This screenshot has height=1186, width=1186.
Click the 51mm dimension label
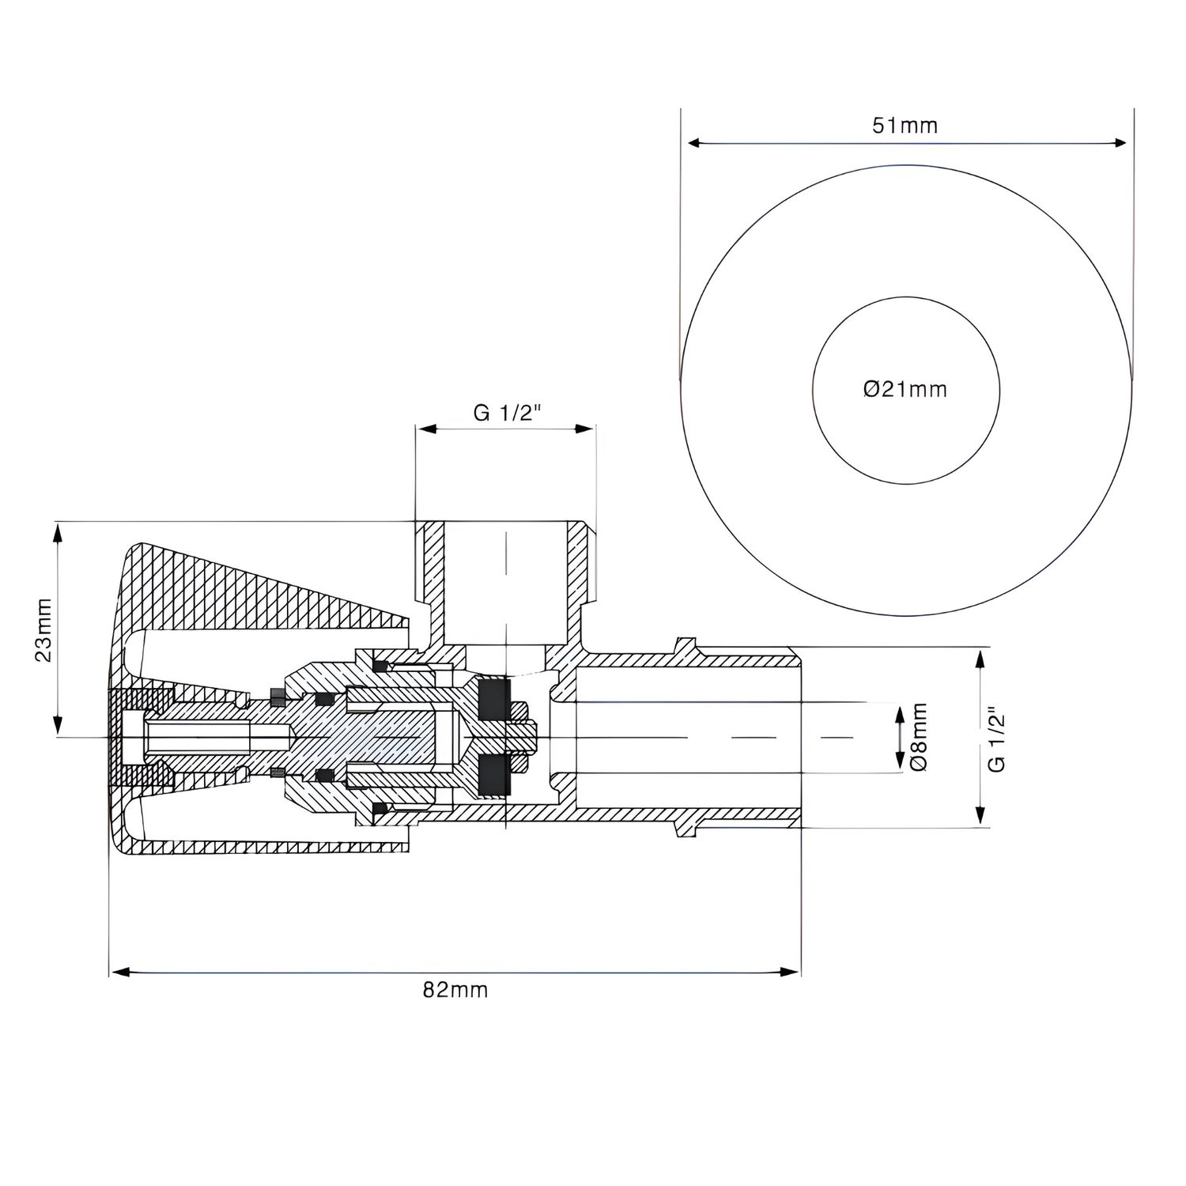coord(905,125)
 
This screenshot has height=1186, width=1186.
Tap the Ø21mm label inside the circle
coord(905,388)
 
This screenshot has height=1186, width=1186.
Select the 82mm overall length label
coord(455,989)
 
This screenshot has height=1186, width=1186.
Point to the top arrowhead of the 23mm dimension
coord(57,534)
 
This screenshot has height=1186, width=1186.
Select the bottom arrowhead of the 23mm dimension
coord(57,726)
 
